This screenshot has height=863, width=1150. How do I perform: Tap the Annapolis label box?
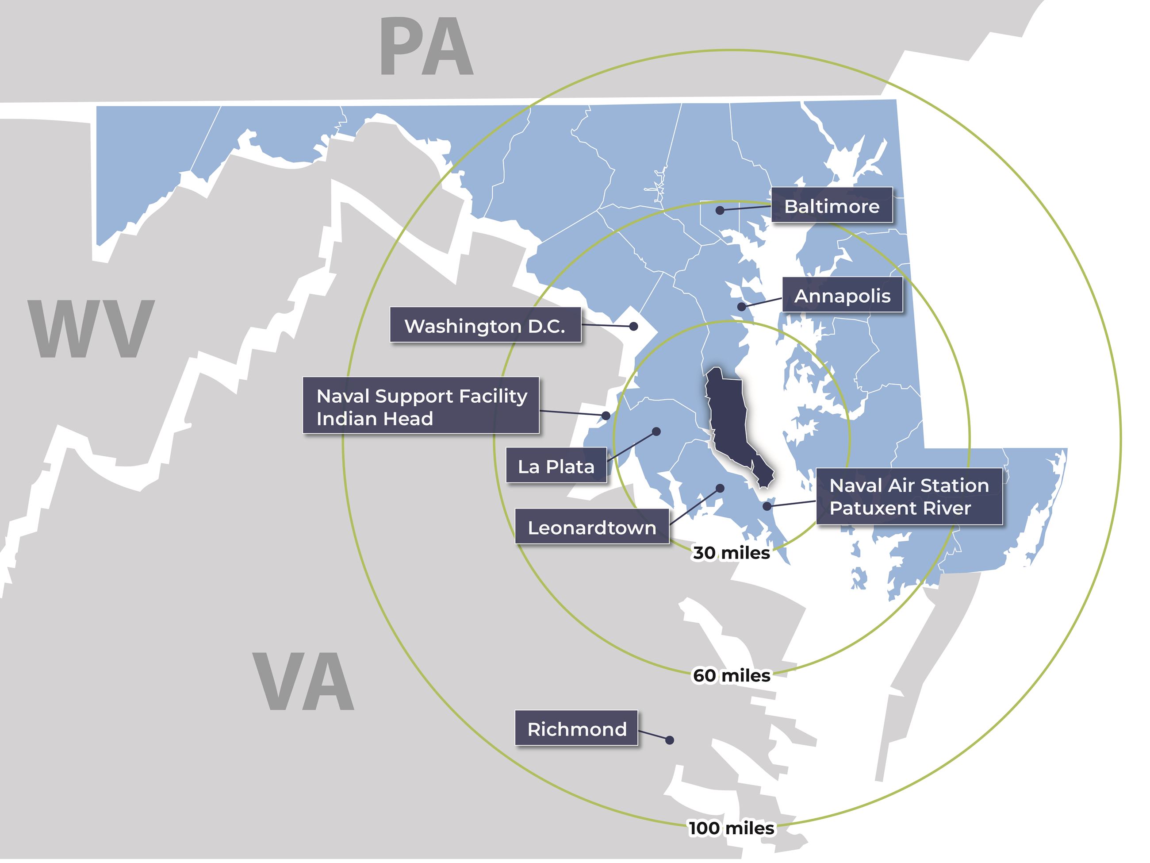tap(842, 295)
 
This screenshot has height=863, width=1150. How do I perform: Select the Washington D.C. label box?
tap(485, 325)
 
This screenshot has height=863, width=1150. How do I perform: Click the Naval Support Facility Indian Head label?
tap(421, 406)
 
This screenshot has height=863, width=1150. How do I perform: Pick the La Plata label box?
tap(556, 466)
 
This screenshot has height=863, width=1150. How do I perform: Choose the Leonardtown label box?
tap(592, 527)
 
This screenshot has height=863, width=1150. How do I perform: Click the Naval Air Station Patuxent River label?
tap(909, 496)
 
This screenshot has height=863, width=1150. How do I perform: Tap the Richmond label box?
tap(576, 728)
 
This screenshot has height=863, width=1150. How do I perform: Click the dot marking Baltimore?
tap(720, 211)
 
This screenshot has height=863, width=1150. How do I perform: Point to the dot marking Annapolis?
tap(742, 307)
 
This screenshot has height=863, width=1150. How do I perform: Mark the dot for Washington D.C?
tap(634, 327)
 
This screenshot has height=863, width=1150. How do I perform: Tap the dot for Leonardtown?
tap(721, 489)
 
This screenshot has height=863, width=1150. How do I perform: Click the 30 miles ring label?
tap(731, 553)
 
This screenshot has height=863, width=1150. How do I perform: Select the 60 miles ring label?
tap(732, 675)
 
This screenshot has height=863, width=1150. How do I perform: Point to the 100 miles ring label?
tap(732, 828)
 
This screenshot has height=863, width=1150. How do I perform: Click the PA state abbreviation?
tap(426, 47)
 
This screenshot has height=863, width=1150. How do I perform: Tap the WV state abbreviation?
tap(92, 328)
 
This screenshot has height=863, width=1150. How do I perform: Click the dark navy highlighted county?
tap(728, 416)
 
